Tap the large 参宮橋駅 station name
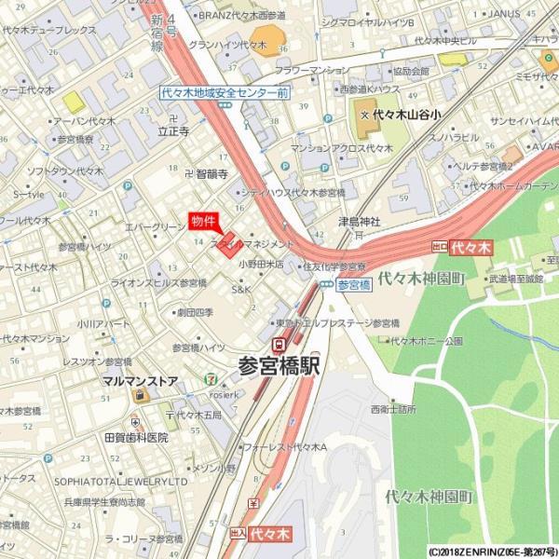click(x=279, y=365)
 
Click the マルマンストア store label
click(x=141, y=380)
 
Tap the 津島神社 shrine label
click(x=360, y=222)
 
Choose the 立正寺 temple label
click(x=173, y=132)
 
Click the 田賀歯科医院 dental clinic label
click(x=136, y=437)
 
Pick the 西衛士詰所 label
click(x=392, y=408)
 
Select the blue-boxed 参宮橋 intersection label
click(x=353, y=285)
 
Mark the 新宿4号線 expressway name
click(x=157, y=33)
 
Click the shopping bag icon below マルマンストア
click(x=141, y=395)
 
